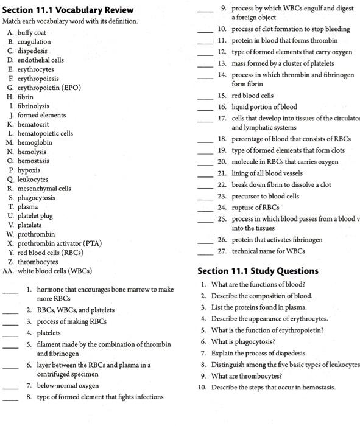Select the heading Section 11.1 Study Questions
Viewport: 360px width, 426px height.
tap(258, 271)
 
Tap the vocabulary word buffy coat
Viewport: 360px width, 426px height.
tap(32, 32)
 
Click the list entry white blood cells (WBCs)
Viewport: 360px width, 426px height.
tap(55, 271)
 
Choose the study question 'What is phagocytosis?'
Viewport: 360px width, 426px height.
tap(242, 342)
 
